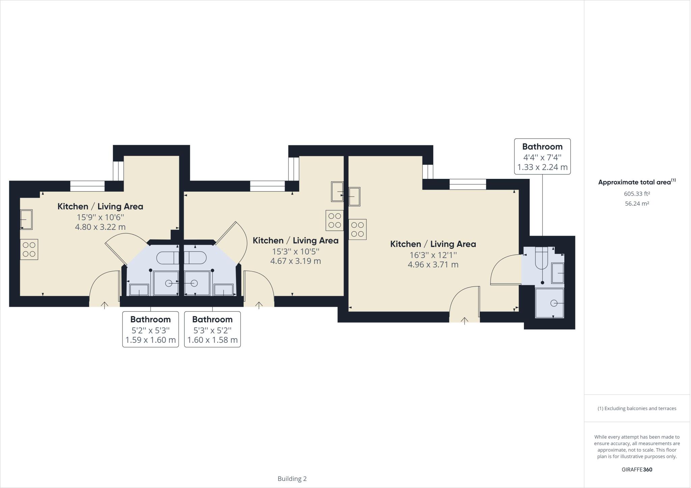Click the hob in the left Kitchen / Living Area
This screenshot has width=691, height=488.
[29, 249]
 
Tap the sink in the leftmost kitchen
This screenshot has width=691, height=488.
[26, 220]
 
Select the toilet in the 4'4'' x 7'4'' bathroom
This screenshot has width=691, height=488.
[541, 258]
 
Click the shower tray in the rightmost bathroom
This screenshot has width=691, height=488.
[550, 303]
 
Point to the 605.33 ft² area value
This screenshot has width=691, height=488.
[637, 194]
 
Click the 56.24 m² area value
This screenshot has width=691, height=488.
[637, 204]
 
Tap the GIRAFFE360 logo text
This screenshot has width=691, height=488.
[637, 469]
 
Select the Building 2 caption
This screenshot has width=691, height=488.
[292, 479]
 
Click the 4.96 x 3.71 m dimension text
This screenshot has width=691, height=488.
[433, 265]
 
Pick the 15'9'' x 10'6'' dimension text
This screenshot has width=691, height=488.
[100, 217]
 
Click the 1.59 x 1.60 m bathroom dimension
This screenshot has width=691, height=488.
[150, 340]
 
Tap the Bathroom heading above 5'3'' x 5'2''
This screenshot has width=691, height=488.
[212, 319]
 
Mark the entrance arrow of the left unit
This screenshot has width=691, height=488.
[105, 305]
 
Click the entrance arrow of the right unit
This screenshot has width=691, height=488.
[465, 321]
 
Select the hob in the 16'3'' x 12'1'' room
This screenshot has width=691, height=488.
[357, 229]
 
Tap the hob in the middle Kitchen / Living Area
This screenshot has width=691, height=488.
[334, 220]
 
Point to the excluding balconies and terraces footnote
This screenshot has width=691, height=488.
[637, 408]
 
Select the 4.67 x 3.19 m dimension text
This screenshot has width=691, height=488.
[295, 261]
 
